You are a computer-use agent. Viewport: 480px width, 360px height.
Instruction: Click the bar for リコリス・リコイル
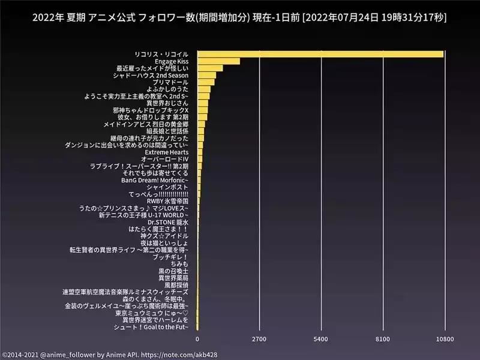pos(320,54)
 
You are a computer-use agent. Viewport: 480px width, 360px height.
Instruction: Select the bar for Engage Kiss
pos(218,61)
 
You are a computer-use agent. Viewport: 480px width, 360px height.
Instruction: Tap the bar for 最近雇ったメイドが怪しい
pos(210,68)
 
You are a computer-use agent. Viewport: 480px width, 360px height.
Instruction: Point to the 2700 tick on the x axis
pos(259,340)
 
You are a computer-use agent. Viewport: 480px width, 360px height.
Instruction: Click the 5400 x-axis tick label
pos(321,340)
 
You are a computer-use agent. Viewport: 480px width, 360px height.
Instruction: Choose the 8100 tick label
pos(383,340)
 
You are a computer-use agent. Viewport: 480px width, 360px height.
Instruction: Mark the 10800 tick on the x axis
pos(444,340)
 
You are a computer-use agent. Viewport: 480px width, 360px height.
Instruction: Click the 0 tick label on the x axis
pos(197,340)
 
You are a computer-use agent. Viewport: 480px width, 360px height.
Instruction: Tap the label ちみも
pos(179,264)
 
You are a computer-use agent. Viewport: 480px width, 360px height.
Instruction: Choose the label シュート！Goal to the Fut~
pos(155,327)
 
